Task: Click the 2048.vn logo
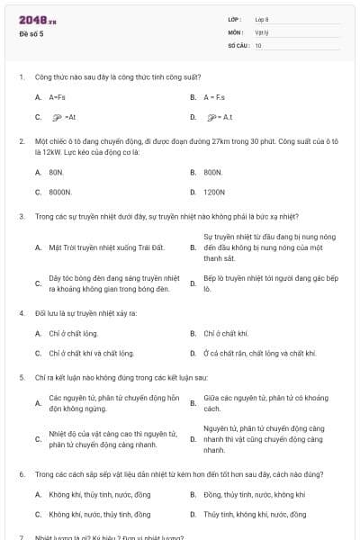(x=38, y=20)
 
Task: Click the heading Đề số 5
(x=31, y=34)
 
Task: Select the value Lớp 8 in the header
(x=262, y=19)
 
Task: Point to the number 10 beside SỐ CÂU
(x=258, y=44)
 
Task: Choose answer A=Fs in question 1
(x=57, y=96)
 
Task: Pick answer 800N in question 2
(x=212, y=171)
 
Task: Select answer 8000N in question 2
(x=60, y=192)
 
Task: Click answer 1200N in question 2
(x=214, y=192)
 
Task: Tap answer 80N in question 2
(x=56, y=171)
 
